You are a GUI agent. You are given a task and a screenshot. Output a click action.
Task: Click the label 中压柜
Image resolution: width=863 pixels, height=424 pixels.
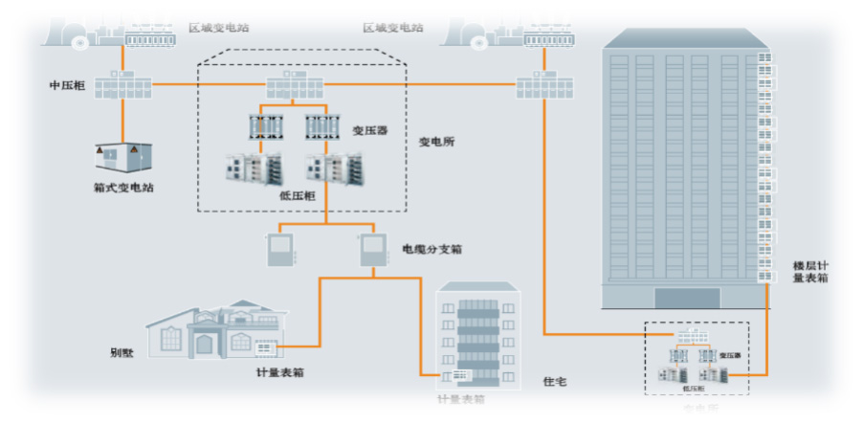click(x=67, y=86)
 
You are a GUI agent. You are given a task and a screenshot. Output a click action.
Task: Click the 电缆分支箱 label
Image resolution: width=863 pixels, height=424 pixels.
click(x=432, y=249)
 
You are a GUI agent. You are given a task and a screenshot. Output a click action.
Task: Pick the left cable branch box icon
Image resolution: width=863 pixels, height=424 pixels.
click(x=280, y=249)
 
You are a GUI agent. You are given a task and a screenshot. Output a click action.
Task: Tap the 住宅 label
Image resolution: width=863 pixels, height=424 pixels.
click(x=555, y=381)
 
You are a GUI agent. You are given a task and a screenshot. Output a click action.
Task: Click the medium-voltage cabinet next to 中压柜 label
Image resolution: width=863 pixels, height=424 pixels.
click(x=122, y=85)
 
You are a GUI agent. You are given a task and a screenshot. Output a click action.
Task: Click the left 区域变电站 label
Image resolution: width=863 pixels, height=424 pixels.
click(x=219, y=27)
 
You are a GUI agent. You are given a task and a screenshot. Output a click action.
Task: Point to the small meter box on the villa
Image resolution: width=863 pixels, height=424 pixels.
click(x=265, y=346)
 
